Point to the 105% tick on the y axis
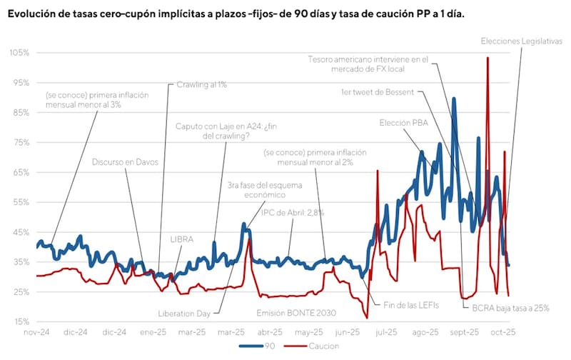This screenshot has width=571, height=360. click(x=19, y=53)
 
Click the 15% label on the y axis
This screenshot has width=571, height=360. click(x=21, y=321)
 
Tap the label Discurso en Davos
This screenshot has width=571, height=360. click(x=125, y=162)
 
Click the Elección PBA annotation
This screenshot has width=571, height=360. click(x=406, y=122)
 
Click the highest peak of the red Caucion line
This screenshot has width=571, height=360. click(x=487, y=58)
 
